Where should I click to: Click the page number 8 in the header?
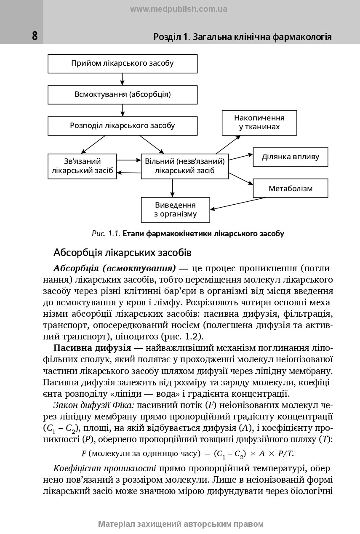(35, 36)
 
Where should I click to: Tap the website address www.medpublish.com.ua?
(179, 9)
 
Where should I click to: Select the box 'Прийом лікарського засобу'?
(123, 64)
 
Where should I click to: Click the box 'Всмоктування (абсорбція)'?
(123, 94)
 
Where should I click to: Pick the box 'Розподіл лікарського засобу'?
(123, 125)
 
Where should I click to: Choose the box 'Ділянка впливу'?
(290, 157)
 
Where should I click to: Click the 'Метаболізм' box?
(290, 188)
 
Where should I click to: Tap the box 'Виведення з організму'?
(175, 210)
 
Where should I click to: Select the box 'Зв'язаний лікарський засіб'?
(82, 166)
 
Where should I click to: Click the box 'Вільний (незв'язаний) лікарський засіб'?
(184, 166)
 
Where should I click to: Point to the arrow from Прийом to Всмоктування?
(123, 79)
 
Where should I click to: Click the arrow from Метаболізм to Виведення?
(238, 203)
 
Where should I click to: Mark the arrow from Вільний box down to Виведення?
(172, 188)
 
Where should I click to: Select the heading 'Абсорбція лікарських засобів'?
(123, 253)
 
